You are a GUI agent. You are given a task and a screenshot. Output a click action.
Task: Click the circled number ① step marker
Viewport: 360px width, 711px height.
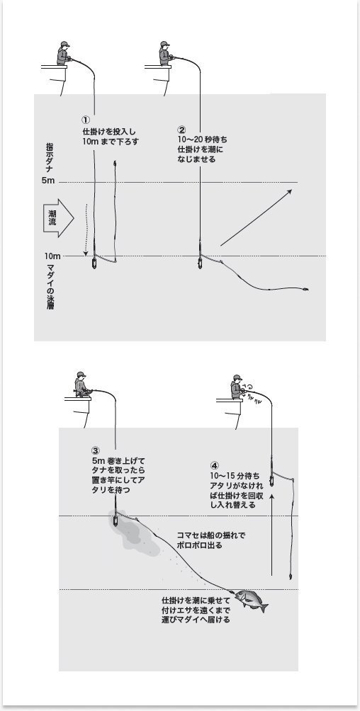(86, 120)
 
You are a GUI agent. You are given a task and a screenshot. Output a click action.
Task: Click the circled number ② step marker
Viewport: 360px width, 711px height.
(182, 130)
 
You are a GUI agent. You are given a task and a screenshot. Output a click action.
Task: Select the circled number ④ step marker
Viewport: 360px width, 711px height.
(215, 465)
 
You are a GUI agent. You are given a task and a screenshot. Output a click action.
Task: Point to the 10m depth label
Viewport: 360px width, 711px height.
(51, 256)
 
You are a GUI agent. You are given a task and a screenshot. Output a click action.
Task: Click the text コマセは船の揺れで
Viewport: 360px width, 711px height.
(210, 535)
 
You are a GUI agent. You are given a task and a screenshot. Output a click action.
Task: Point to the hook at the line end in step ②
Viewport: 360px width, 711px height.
(305, 290)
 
